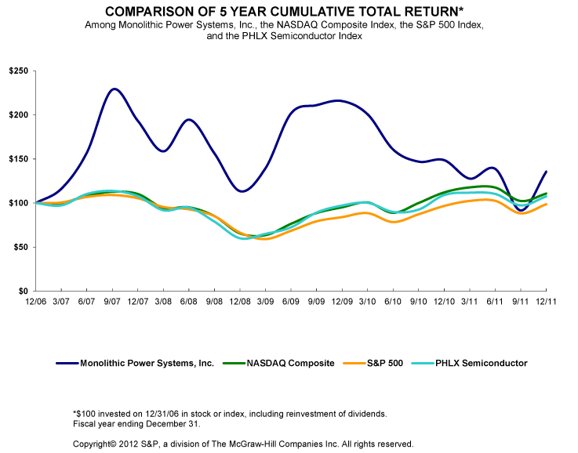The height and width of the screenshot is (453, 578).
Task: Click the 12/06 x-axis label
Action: click(x=35, y=300)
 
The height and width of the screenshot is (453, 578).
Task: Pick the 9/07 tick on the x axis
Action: click(x=111, y=300)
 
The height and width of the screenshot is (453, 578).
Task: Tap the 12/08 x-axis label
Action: click(x=239, y=300)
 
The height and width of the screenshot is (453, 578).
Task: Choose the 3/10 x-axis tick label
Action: click(x=367, y=300)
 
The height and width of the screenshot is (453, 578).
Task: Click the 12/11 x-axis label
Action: click(x=546, y=300)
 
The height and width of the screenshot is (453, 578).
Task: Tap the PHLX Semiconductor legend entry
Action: click(x=478, y=363)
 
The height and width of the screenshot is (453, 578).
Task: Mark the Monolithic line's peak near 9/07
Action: click(x=115, y=89)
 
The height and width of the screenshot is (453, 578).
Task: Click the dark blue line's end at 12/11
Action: click(x=546, y=172)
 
